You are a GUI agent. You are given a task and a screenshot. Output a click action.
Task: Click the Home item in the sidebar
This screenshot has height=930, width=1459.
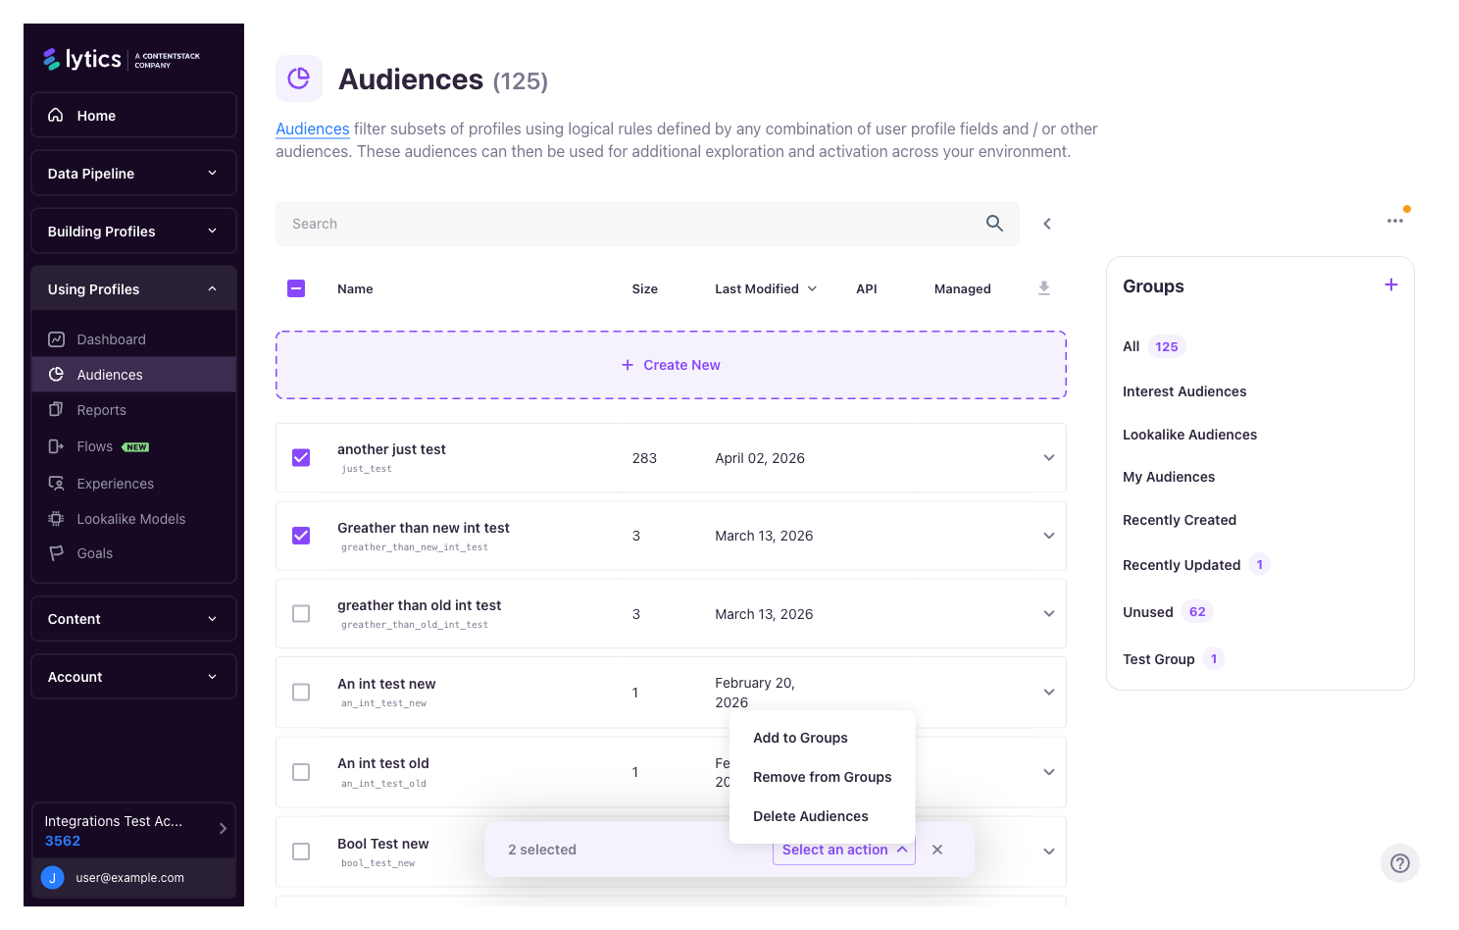pos(96,116)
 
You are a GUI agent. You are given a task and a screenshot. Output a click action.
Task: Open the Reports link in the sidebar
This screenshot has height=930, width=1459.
pos(101,410)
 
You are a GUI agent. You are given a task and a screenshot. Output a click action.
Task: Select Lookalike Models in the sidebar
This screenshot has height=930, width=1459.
pos(130,519)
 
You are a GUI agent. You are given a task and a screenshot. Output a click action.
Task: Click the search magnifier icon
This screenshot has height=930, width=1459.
pos(994,224)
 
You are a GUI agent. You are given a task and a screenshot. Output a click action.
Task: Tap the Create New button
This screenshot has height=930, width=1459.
pos(671,365)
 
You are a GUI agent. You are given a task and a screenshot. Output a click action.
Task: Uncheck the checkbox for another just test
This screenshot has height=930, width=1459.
pos(301,458)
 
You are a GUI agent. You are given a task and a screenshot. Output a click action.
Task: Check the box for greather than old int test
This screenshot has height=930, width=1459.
pos(301,614)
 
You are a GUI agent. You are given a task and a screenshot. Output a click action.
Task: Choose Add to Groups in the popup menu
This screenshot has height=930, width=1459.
pos(800,738)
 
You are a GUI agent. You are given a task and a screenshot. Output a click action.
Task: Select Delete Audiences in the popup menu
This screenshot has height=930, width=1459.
pos(810,816)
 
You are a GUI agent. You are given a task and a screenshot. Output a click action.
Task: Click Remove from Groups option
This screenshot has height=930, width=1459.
pos(822,777)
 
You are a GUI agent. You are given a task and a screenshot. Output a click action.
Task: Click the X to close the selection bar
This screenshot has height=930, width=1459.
pos(937,850)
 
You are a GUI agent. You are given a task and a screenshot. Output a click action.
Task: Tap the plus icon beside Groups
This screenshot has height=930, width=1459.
pos(1390,285)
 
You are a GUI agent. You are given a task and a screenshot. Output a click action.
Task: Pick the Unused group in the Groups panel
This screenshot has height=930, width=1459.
pos(1147,612)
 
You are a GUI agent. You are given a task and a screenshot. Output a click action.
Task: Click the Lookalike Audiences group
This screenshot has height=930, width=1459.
pos(1189,435)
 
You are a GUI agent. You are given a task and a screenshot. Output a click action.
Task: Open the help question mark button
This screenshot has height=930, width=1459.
pos(1399,863)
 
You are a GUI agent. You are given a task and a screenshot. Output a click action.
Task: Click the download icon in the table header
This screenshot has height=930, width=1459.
pos(1044,288)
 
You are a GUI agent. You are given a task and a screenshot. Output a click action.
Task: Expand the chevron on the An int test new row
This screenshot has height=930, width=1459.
pos(1048,693)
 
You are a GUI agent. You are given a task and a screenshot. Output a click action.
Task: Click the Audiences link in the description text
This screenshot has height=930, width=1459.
pos(312,129)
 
